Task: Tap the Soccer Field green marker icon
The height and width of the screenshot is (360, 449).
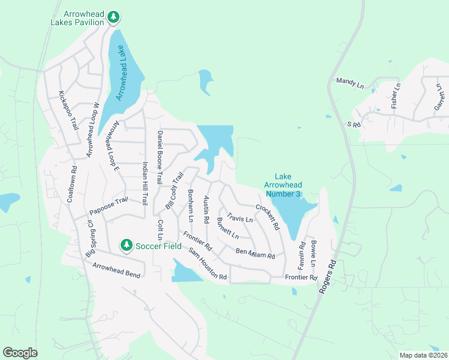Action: tap(126, 245)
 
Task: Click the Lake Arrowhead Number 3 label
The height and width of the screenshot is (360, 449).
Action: tap(283, 185)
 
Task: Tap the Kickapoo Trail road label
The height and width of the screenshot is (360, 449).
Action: tap(68, 112)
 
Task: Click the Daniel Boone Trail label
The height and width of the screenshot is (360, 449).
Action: tap(160, 157)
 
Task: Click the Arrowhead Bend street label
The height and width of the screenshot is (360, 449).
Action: tap(116, 271)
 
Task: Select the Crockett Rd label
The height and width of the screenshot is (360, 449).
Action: tap(268, 218)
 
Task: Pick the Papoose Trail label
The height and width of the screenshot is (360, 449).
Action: tap(109, 206)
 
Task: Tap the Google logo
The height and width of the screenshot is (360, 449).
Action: tap(20, 353)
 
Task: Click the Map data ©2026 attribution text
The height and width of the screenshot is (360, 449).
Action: tap(423, 355)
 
